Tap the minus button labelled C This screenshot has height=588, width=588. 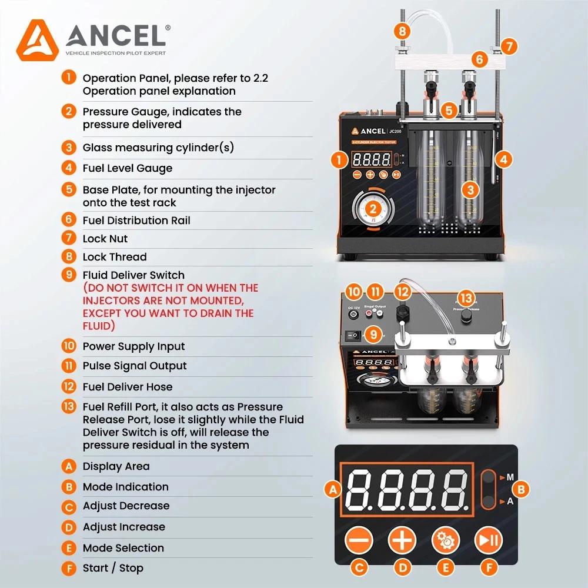pos(359,539)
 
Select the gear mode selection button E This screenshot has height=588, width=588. pos(446,539)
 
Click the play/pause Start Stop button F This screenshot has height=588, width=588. pos(489,539)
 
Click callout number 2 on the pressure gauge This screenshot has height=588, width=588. pos(372,208)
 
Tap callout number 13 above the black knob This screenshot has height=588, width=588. pos(466,298)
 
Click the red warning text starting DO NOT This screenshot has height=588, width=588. pos(171,306)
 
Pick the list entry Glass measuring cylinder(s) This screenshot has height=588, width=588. pos(158,148)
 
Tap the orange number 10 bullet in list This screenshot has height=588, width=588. pos(69,346)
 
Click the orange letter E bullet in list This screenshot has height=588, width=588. pos(69,548)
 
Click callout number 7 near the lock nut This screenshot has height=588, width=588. pos(509,45)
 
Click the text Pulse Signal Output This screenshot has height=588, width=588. pos(135,366)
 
